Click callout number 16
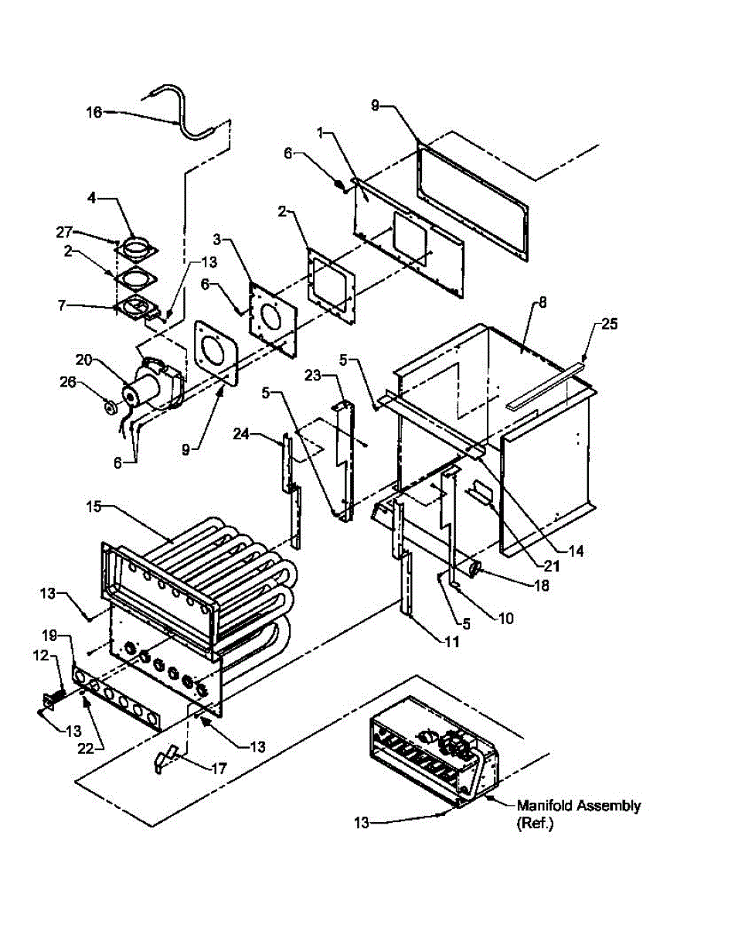tap(93, 113)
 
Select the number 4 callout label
tap(92, 199)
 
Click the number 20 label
tap(83, 360)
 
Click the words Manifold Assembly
tap(579, 806)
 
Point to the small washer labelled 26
tap(109, 406)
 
